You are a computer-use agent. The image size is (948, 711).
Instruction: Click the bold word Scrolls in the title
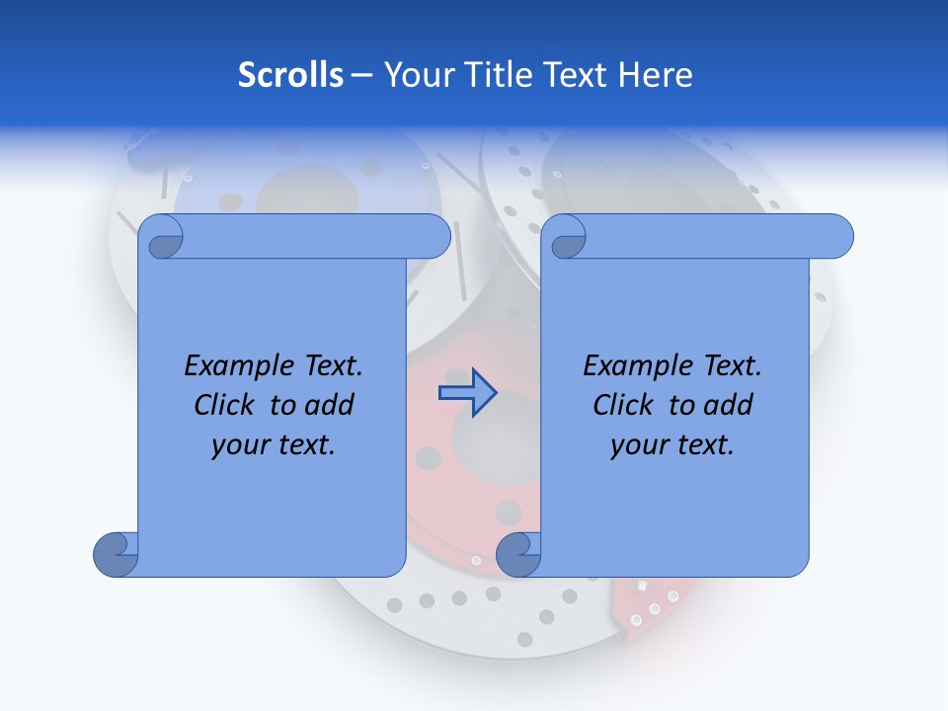coord(290,75)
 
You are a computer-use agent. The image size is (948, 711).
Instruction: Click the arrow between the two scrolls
coord(467,393)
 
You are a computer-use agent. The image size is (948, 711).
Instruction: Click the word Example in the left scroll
coord(230,366)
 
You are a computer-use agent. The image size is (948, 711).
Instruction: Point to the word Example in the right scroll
coord(629,366)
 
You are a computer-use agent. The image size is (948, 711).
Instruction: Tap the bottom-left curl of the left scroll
coord(116,555)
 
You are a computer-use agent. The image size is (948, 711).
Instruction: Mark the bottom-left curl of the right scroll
coord(517,555)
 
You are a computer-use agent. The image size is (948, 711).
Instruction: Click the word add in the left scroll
coord(329,405)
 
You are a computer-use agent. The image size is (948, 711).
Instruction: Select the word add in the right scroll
coord(728,405)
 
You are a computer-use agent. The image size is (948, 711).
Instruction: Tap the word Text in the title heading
coord(575,75)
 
